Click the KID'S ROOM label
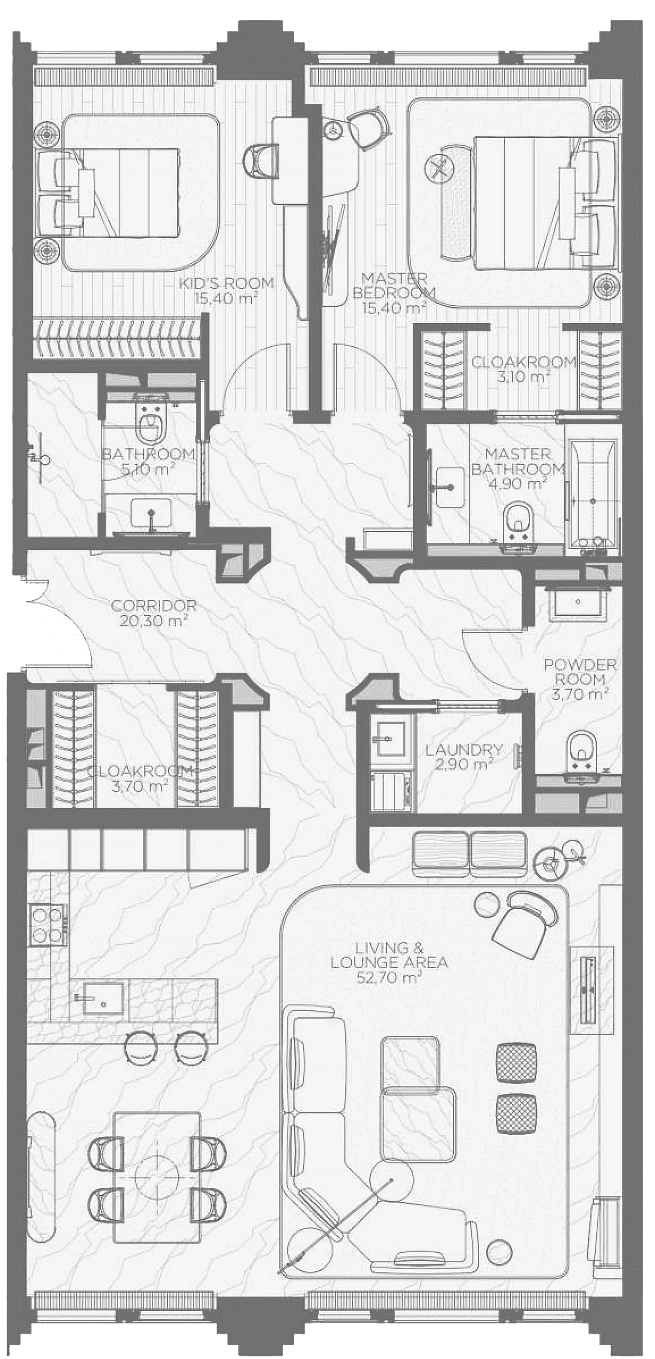point(226,283)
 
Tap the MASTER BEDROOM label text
point(395,285)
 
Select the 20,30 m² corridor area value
point(154,621)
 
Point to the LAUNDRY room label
point(464,750)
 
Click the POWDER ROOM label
point(580,672)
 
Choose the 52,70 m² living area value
point(389,977)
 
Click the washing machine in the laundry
point(391,791)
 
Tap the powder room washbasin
point(579,602)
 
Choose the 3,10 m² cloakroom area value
point(523,376)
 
